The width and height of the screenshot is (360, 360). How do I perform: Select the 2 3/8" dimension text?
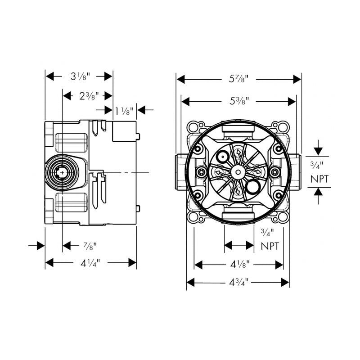pos(89,95)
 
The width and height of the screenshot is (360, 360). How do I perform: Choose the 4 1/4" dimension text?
pos(89,263)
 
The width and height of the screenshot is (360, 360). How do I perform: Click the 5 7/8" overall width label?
pos(239,80)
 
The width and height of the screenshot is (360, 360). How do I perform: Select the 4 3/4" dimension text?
pos(238,283)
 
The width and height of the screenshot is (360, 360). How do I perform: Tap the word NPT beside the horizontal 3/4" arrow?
pos(270,246)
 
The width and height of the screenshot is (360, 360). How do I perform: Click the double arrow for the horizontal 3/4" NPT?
pos(239,245)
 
